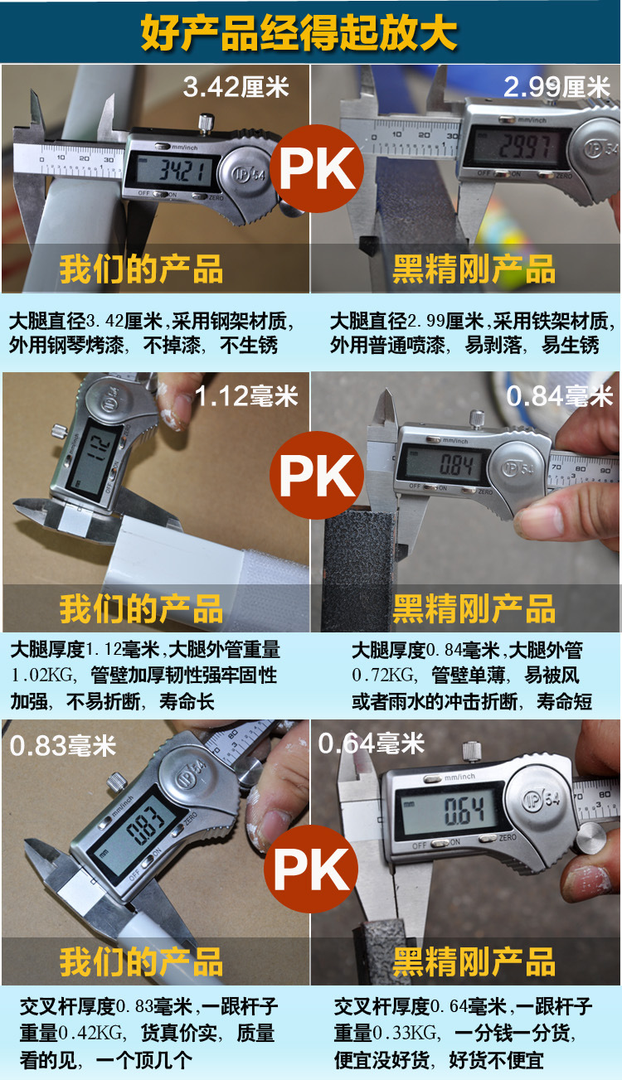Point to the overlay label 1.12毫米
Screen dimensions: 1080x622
[246, 397]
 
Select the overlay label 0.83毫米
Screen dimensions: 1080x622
[63, 745]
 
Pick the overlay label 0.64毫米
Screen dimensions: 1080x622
[372, 743]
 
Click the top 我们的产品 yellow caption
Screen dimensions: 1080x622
[141, 269]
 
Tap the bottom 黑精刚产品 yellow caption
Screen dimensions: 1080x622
[474, 963]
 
